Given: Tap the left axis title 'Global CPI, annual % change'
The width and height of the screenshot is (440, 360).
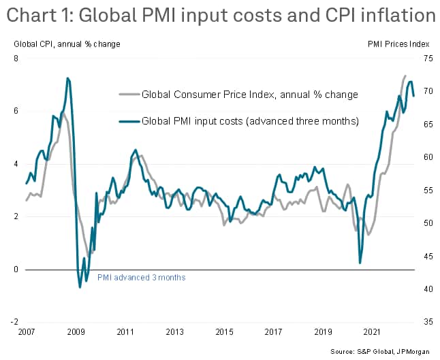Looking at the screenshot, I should pos(67,44).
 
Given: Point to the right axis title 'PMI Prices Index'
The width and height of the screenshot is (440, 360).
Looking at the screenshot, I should pos(398,44).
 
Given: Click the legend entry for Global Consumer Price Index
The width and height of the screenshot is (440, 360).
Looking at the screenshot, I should pos(249,95).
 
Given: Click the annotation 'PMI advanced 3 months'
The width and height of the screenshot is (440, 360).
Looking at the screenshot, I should pos(141,278).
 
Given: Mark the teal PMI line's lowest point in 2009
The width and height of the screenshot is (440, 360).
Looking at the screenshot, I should pos(80,287).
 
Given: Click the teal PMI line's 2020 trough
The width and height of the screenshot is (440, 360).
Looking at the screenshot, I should pos(360,263).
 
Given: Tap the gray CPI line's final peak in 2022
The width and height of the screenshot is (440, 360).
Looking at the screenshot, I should pos(405,76).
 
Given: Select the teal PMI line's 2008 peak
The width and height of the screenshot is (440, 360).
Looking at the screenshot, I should pos(67,78).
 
